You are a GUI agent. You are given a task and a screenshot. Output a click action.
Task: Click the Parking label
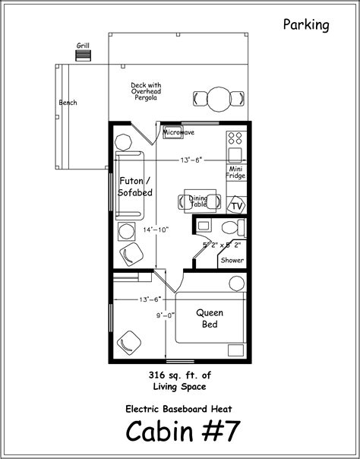(306, 25)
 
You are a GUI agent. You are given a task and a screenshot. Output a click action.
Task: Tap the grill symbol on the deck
(83, 55)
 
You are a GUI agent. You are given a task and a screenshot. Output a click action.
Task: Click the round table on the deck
(219, 99)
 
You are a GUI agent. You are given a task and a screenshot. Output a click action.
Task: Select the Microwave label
(178, 132)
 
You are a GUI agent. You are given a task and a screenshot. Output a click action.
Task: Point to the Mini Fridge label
(235, 173)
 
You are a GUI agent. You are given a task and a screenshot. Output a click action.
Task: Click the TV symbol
(237, 206)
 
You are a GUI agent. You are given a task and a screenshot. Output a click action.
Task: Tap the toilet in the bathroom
(233, 227)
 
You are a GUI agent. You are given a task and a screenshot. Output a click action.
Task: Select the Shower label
(232, 260)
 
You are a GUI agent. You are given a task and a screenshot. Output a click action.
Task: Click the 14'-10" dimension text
(156, 230)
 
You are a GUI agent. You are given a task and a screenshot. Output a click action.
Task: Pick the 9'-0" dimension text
(166, 315)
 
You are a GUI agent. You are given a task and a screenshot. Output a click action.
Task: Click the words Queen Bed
(210, 318)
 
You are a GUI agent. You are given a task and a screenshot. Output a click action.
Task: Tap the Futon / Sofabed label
(135, 187)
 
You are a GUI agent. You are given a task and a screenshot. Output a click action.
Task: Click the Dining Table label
(198, 201)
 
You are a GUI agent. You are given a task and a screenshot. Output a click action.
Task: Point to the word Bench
(68, 103)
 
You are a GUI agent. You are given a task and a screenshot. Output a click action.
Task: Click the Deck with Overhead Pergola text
(146, 91)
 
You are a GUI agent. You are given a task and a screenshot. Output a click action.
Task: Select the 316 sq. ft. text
(179, 375)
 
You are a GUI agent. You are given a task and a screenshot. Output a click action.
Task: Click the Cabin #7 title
(183, 431)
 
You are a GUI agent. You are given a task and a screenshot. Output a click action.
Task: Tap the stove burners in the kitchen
(235, 138)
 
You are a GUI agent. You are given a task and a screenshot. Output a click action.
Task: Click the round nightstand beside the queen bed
(237, 283)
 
